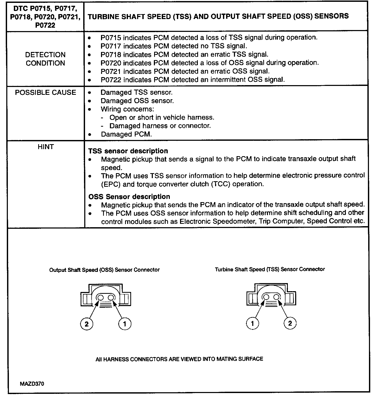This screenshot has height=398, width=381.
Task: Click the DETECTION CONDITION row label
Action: coord(45,59)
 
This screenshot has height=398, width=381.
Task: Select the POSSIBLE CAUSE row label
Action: coord(45,92)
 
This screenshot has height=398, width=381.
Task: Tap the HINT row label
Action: coord(45,147)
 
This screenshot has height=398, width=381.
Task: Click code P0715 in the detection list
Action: coord(111,38)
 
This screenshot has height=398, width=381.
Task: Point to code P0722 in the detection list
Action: coord(111,80)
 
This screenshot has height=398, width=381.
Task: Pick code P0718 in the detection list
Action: coord(111,55)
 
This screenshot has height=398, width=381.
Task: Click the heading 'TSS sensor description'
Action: coord(128,151)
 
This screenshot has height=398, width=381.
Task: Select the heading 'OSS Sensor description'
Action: coord(129,196)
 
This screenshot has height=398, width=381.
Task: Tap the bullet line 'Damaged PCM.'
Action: coord(126,134)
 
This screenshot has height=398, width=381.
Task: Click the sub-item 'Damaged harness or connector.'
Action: coord(160,126)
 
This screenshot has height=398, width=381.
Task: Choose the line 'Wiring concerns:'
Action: coord(127,109)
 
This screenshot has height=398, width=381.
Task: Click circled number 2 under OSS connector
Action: coord(87,324)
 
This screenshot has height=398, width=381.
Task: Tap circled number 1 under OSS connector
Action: coord(125,324)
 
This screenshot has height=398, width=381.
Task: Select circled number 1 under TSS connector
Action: coord(253,324)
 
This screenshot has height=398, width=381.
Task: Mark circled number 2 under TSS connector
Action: coord(290,323)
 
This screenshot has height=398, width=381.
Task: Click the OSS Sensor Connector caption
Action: coord(104,270)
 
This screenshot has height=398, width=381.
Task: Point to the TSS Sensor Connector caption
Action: coord(270,269)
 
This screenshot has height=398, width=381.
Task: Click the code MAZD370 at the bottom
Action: coord(32,384)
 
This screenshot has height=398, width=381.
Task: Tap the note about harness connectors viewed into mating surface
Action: coord(179,359)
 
